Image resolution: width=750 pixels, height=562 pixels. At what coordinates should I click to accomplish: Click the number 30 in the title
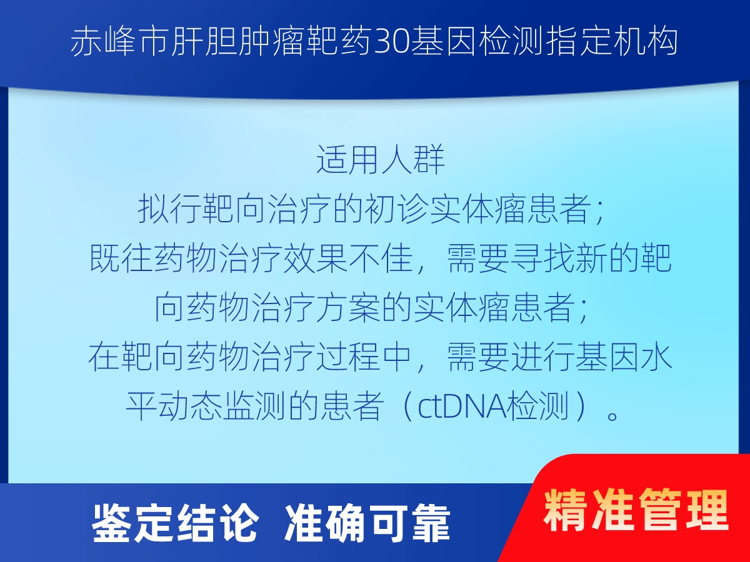[x=392, y=42]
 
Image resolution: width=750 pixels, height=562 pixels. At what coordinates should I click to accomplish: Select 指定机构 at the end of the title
[x=612, y=42]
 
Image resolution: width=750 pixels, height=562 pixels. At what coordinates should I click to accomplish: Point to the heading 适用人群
[x=381, y=159]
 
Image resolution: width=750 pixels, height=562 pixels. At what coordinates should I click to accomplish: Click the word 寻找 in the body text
[x=542, y=259]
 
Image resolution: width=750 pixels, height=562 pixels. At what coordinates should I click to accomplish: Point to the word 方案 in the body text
[x=348, y=307]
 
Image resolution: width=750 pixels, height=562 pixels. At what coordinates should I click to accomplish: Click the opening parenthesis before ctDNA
[x=407, y=407]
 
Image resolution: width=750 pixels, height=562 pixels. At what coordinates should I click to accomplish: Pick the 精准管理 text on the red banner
[x=636, y=510]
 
